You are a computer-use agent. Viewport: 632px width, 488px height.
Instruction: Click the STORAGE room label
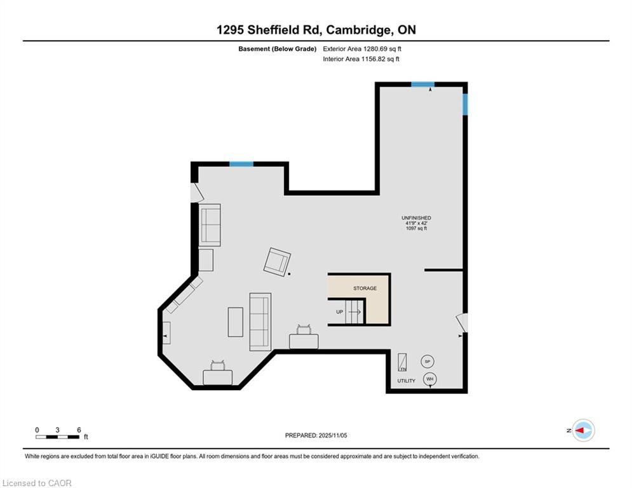coord(365,288)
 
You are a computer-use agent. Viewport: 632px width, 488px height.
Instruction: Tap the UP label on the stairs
coord(340,312)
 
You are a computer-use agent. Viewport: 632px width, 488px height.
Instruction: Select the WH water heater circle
coord(430,379)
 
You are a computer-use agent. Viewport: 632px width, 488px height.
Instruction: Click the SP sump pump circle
coord(427,362)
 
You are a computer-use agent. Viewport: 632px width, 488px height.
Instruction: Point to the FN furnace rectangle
coord(402,363)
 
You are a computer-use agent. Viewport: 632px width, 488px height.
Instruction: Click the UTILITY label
coord(407,381)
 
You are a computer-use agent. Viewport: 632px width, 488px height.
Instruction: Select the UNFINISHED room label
coord(417,218)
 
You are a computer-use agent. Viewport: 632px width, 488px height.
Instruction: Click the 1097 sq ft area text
coord(417,228)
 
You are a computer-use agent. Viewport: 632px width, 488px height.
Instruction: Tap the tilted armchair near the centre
coord(277,262)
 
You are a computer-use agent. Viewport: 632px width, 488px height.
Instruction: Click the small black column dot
coord(289,274)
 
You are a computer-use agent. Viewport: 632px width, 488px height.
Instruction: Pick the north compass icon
coord(584,430)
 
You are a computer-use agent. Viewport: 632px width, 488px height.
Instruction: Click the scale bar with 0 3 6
coord(57,437)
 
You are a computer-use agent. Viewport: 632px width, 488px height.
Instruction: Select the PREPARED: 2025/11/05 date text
coord(316,435)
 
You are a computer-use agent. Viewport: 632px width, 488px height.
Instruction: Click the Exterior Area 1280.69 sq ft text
coord(362,49)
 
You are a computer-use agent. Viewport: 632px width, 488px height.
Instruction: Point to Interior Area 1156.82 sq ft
coord(361,59)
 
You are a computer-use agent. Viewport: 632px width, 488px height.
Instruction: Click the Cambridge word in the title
coord(358,30)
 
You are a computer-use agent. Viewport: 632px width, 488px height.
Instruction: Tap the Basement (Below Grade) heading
coord(278,49)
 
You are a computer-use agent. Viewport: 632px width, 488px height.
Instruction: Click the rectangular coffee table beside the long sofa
coord(236,322)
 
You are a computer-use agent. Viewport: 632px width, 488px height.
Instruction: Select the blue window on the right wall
coord(465,104)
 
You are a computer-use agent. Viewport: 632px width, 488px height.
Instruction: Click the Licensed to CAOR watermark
coord(37,483)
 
